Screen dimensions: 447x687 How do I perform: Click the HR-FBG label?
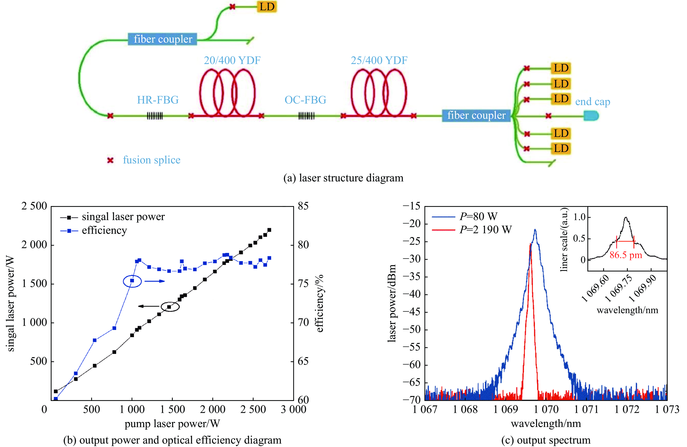(158, 100)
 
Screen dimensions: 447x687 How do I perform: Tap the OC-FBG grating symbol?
(306, 116)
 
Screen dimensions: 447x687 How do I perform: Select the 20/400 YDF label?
(232, 60)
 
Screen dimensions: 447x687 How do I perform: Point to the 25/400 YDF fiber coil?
(379, 93)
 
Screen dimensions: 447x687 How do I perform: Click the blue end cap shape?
(591, 116)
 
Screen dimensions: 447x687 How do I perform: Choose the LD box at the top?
(267, 7)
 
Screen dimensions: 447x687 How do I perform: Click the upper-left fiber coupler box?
(163, 39)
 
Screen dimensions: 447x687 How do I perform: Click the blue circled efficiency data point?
(132, 281)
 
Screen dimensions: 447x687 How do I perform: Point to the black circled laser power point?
(170, 307)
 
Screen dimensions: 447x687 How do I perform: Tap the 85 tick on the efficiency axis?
(303, 206)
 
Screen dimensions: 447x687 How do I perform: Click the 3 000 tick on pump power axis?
(293, 410)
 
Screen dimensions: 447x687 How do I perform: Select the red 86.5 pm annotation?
(626, 255)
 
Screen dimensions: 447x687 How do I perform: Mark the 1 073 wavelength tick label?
(667, 410)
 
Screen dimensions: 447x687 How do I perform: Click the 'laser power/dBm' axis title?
(392, 303)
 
